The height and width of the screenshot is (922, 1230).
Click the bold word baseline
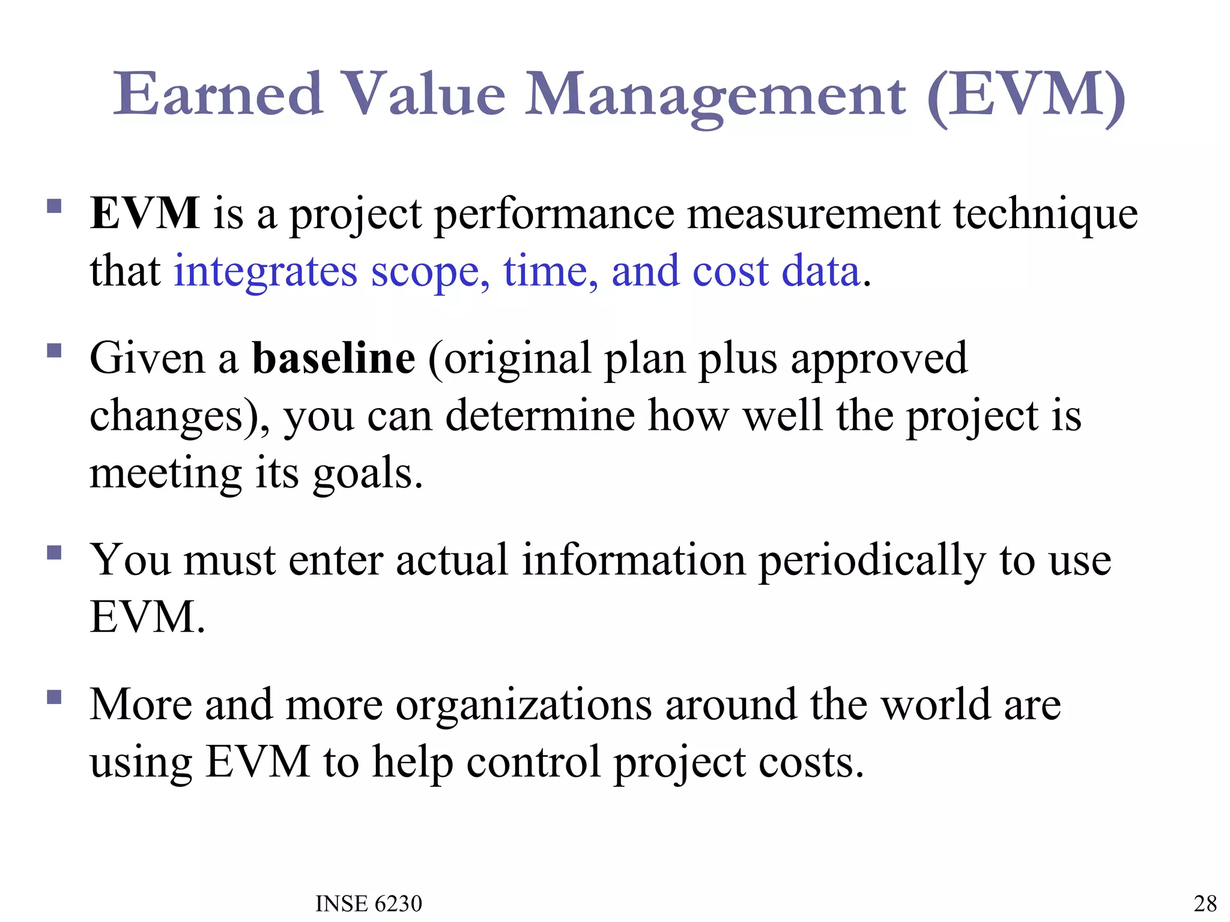tap(333, 358)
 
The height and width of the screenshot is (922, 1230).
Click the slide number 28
tap(1205, 903)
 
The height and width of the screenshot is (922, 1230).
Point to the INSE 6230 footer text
tap(369, 903)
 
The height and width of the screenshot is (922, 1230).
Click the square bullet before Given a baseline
tap(55, 351)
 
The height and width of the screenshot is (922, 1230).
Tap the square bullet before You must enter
tap(55, 552)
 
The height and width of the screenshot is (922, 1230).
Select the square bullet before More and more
tap(55, 697)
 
